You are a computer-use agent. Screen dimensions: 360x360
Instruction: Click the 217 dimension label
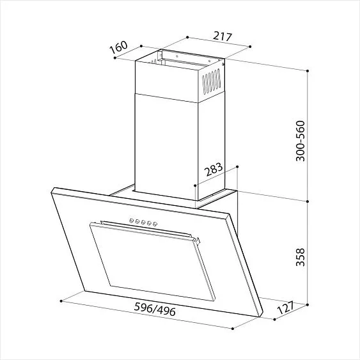[x=223, y=36]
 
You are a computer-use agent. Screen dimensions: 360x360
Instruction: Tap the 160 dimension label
[x=118, y=47]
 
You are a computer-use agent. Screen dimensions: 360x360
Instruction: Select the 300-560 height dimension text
[x=301, y=141]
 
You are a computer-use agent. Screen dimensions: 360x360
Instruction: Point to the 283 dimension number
[x=214, y=169]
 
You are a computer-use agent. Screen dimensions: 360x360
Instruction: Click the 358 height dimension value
[x=301, y=257]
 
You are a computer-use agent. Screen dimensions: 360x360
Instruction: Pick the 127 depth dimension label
[x=286, y=308]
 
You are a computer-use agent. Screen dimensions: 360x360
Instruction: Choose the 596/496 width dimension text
[x=155, y=309]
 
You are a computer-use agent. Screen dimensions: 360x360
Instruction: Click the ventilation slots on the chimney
[x=211, y=81]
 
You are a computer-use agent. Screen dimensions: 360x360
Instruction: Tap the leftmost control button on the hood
[x=132, y=221]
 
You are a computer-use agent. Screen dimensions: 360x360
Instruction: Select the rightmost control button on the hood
[x=155, y=224]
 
